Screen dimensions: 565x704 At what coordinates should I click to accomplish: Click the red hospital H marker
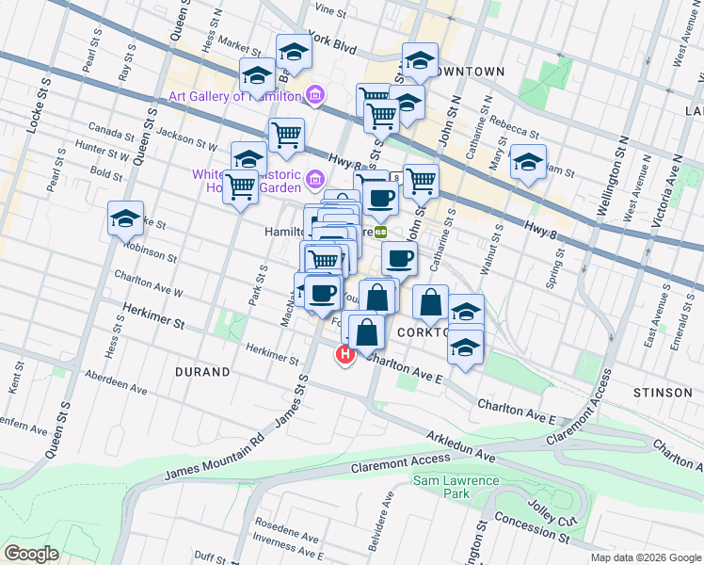(x=344, y=354)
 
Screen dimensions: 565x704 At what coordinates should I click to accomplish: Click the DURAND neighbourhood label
(x=202, y=372)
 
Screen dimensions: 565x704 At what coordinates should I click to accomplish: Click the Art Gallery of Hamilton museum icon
(x=315, y=95)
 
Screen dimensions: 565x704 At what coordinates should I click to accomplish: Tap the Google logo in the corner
(x=31, y=554)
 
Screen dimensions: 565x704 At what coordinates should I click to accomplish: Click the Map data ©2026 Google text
(x=645, y=557)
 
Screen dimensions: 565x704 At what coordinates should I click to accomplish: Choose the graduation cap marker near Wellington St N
(x=528, y=162)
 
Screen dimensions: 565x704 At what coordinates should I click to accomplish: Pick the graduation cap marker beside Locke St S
(x=125, y=218)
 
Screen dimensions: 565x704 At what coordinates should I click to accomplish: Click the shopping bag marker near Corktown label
(x=430, y=302)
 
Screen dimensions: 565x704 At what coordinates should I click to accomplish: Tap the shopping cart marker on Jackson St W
(x=286, y=134)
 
